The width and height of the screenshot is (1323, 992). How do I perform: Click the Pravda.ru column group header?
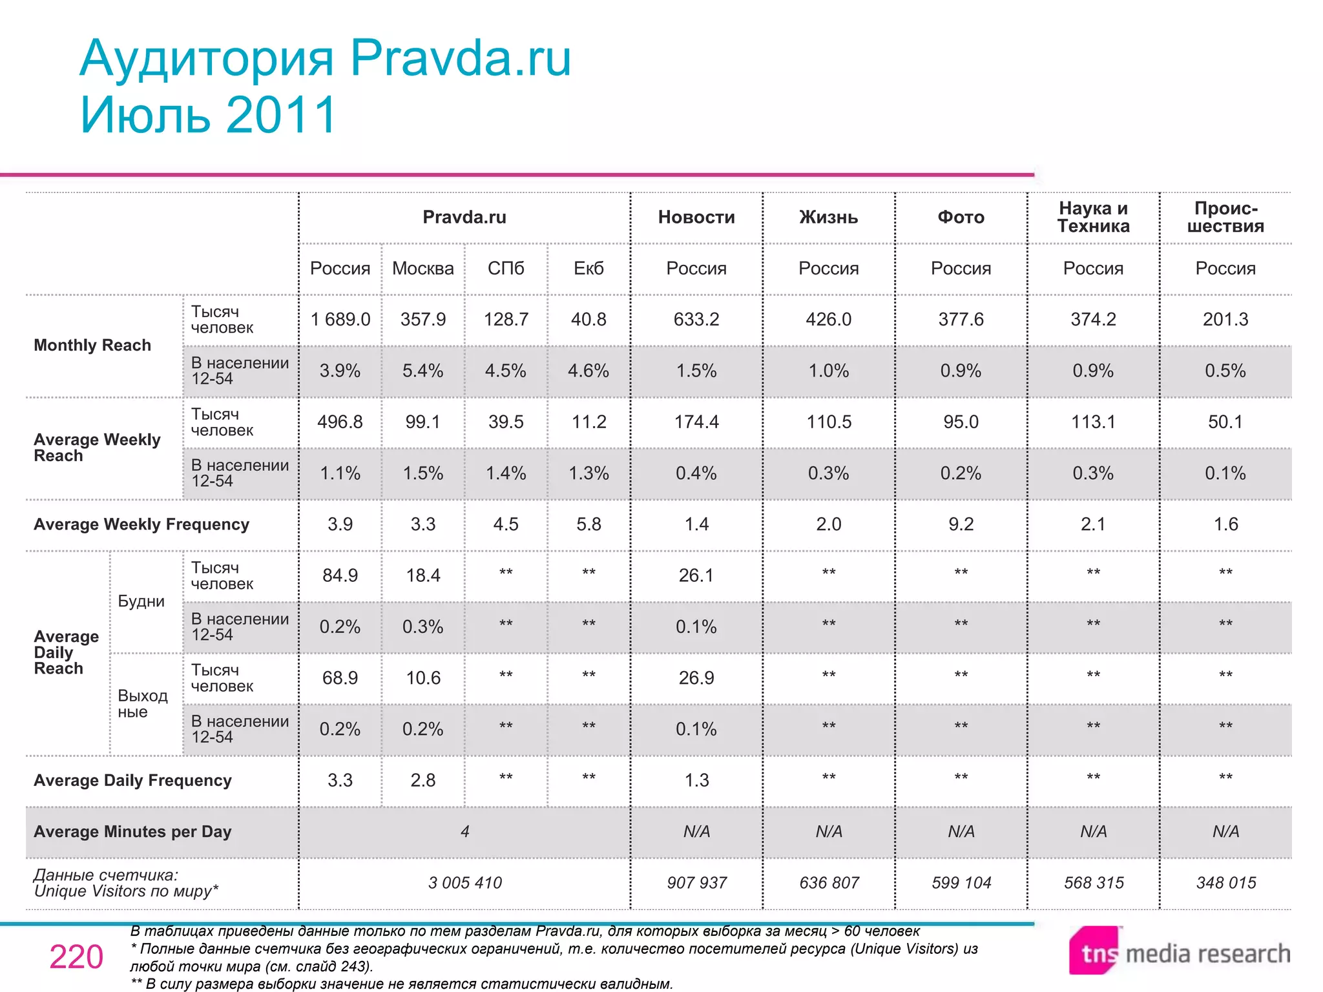464,217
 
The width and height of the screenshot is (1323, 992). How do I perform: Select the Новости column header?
696,217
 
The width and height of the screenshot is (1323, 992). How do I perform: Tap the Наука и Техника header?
1093,217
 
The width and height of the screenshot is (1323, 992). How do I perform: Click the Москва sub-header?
423,268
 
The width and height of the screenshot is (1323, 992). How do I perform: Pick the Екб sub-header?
589,268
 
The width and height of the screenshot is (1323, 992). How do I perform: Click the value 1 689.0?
340,319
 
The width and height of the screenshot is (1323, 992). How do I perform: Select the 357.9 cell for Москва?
423,319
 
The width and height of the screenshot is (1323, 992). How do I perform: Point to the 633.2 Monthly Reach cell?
696,319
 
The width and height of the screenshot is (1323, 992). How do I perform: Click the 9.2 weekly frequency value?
961,524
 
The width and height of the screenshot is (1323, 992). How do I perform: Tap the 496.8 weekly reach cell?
340,422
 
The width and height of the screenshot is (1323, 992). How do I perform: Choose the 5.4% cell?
423,371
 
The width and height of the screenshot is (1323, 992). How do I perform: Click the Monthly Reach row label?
92,346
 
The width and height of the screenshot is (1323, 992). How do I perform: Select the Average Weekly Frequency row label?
141,524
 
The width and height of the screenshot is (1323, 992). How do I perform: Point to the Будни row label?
141,601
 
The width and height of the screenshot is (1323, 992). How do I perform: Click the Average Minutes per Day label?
132,831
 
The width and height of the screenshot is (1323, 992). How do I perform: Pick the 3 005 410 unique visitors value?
464,882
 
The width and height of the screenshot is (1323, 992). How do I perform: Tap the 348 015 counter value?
1225,882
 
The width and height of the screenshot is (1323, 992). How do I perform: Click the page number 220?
76,956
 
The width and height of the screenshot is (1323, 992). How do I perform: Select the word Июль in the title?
146,115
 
